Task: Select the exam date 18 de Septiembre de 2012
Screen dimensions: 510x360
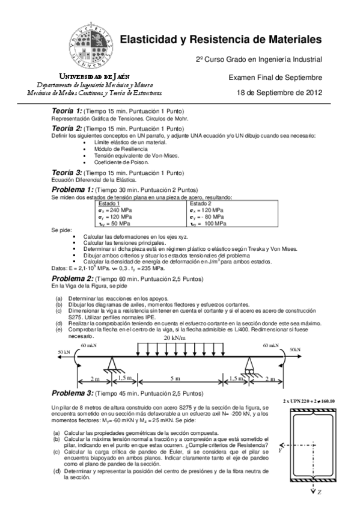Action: pos(280,93)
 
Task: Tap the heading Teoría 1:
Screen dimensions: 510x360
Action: pos(67,112)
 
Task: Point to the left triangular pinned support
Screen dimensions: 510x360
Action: pos(112,363)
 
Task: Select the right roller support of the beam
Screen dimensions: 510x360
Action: pos(237,364)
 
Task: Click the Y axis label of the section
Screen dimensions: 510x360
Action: pos(280,449)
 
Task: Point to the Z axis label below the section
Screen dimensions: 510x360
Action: pos(321,491)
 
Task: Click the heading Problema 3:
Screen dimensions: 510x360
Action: pos(73,393)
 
